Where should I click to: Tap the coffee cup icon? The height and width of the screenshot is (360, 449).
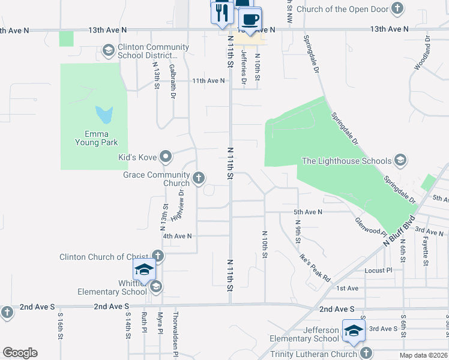pyautogui.click(x=250, y=18)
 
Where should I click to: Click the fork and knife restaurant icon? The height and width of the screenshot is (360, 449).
pyautogui.click(x=222, y=13)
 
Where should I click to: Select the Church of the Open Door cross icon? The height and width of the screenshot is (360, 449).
pyautogui.click(x=397, y=9)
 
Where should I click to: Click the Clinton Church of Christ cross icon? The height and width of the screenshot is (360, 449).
pyautogui.click(x=157, y=257)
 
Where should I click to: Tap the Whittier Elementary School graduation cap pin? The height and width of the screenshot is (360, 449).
pyautogui.click(x=144, y=269)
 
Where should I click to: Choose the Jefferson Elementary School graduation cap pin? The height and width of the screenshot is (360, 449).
pyautogui.click(x=354, y=331)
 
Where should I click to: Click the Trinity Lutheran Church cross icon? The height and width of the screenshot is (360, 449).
pyautogui.click(x=365, y=354)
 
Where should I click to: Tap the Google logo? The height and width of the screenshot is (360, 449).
pyautogui.click(x=20, y=353)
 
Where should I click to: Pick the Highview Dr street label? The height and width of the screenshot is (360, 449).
pyautogui.click(x=177, y=205)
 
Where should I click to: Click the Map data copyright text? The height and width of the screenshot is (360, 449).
pyautogui.click(x=423, y=355)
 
